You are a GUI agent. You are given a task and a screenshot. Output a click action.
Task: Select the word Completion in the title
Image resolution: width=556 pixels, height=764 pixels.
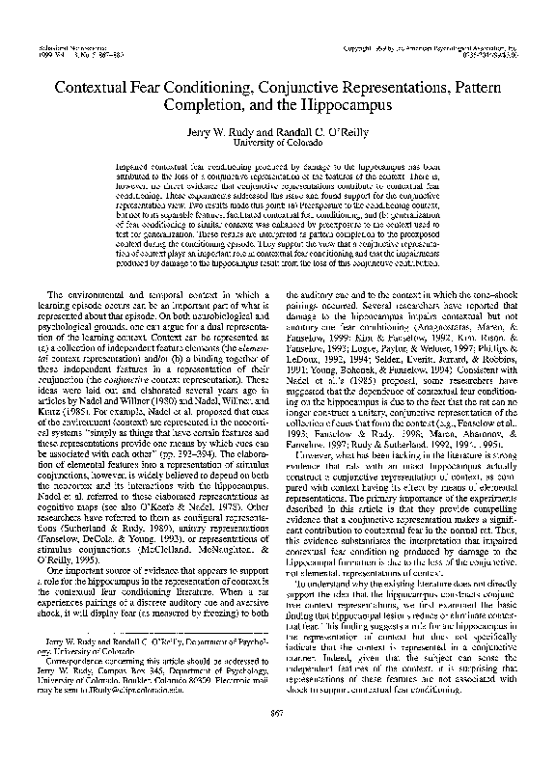coord(206,97)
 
